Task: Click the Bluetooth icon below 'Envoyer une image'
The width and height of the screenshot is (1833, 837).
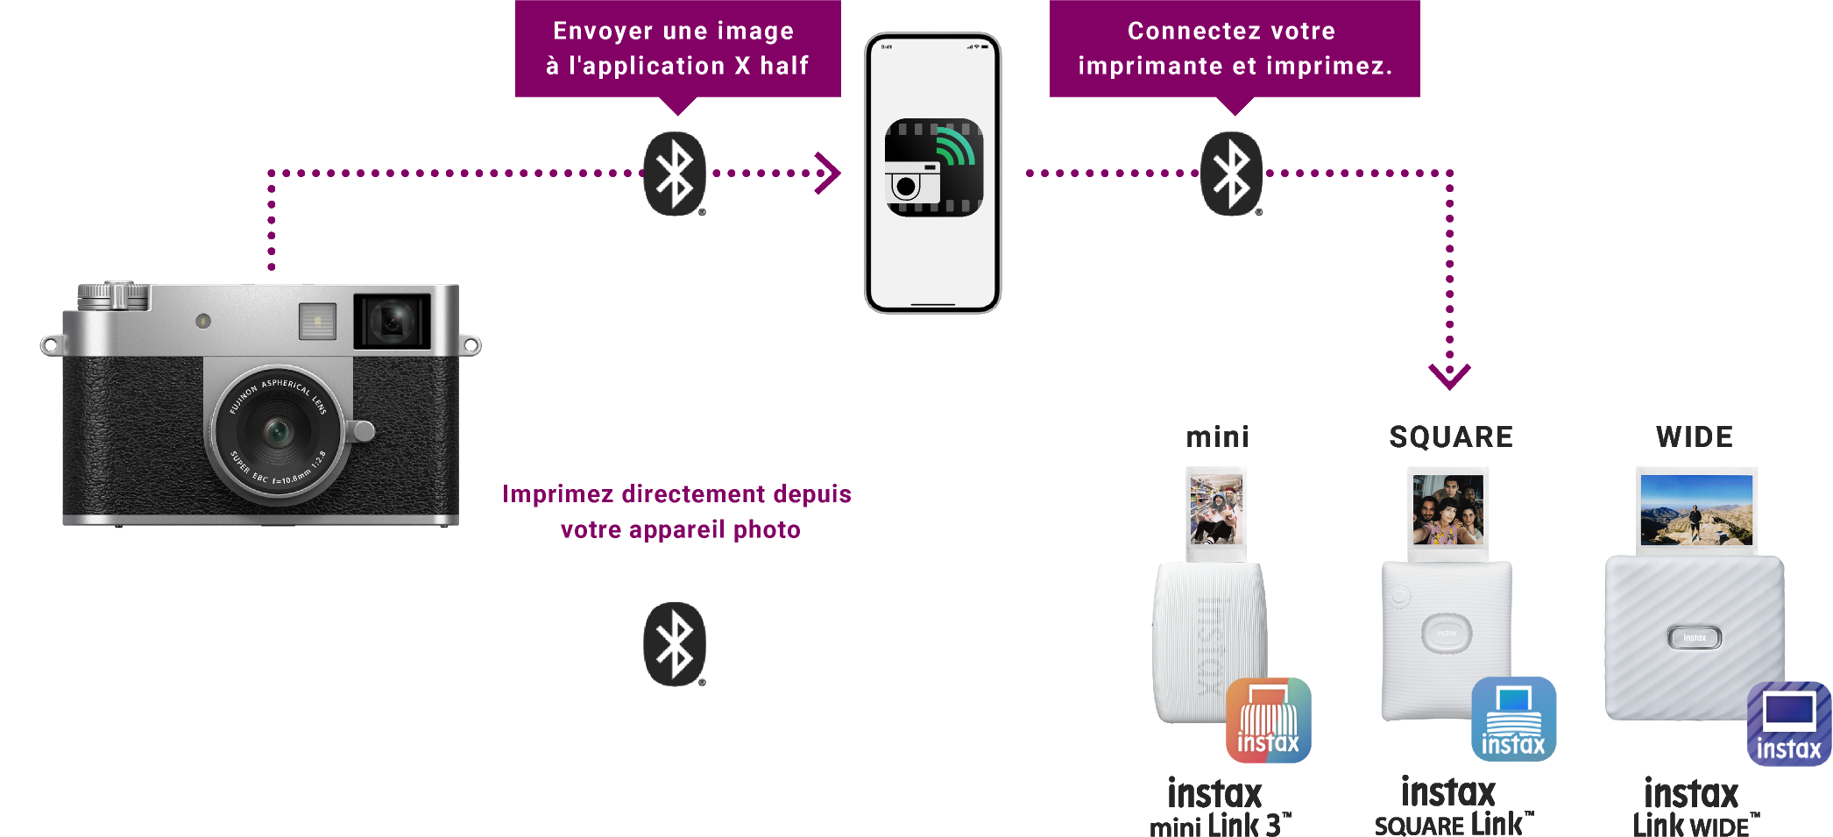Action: pos(675,174)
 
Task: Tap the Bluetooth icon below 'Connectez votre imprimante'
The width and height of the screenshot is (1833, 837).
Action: pos(1231,174)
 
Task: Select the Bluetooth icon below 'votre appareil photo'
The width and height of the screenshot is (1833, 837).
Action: pos(675,644)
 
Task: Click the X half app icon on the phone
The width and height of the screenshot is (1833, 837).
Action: pos(933,167)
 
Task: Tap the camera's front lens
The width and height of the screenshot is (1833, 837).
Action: pos(278,431)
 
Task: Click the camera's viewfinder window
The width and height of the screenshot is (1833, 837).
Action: pos(392,321)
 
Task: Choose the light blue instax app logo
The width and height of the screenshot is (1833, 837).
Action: pos(1513,722)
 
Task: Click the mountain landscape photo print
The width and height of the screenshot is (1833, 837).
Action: pos(1696,510)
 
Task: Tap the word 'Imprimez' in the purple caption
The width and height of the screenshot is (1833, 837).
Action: pos(557,494)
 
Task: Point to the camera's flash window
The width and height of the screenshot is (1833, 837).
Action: pos(317,321)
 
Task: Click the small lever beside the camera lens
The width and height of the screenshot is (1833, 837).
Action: pos(362,430)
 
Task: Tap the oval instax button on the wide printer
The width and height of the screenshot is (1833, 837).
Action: pos(1695,638)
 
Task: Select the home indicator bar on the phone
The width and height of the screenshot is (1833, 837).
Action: pos(932,304)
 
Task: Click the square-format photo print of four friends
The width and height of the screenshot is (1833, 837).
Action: pos(1447,510)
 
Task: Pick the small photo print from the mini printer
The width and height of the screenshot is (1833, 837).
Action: pos(1216,510)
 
